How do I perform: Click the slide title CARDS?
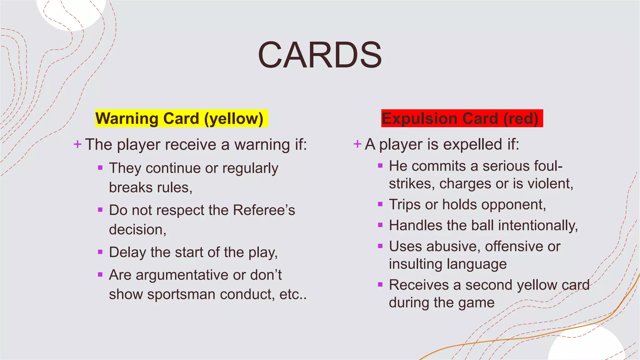(x=320, y=55)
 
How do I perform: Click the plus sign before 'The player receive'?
(x=77, y=144)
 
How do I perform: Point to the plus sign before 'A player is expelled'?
(x=357, y=144)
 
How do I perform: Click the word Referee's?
(x=264, y=210)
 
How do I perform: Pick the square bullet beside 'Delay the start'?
(x=100, y=252)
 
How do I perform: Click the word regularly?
(x=250, y=168)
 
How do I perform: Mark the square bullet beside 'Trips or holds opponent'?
(x=380, y=204)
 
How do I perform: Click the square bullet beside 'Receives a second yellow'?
(x=380, y=285)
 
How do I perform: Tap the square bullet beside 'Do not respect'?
(x=100, y=210)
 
